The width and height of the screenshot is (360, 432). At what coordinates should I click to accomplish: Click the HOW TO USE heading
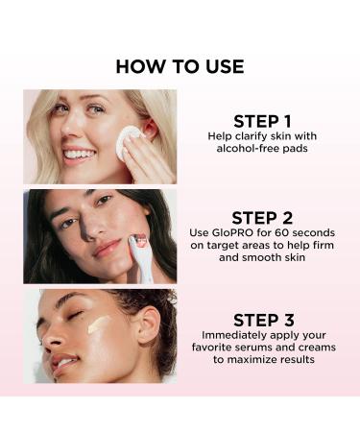pos(180,66)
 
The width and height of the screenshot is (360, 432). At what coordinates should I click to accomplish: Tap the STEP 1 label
pos(261,121)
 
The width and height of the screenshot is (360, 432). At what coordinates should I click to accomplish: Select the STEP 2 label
pos(261,217)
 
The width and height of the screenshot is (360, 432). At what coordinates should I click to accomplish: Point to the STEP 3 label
pos(261,319)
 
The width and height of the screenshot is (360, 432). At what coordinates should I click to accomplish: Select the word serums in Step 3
pos(266,347)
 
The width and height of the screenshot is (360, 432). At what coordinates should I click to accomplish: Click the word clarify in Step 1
pos(248,136)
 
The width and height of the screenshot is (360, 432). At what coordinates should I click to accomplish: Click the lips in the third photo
pos(63,365)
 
